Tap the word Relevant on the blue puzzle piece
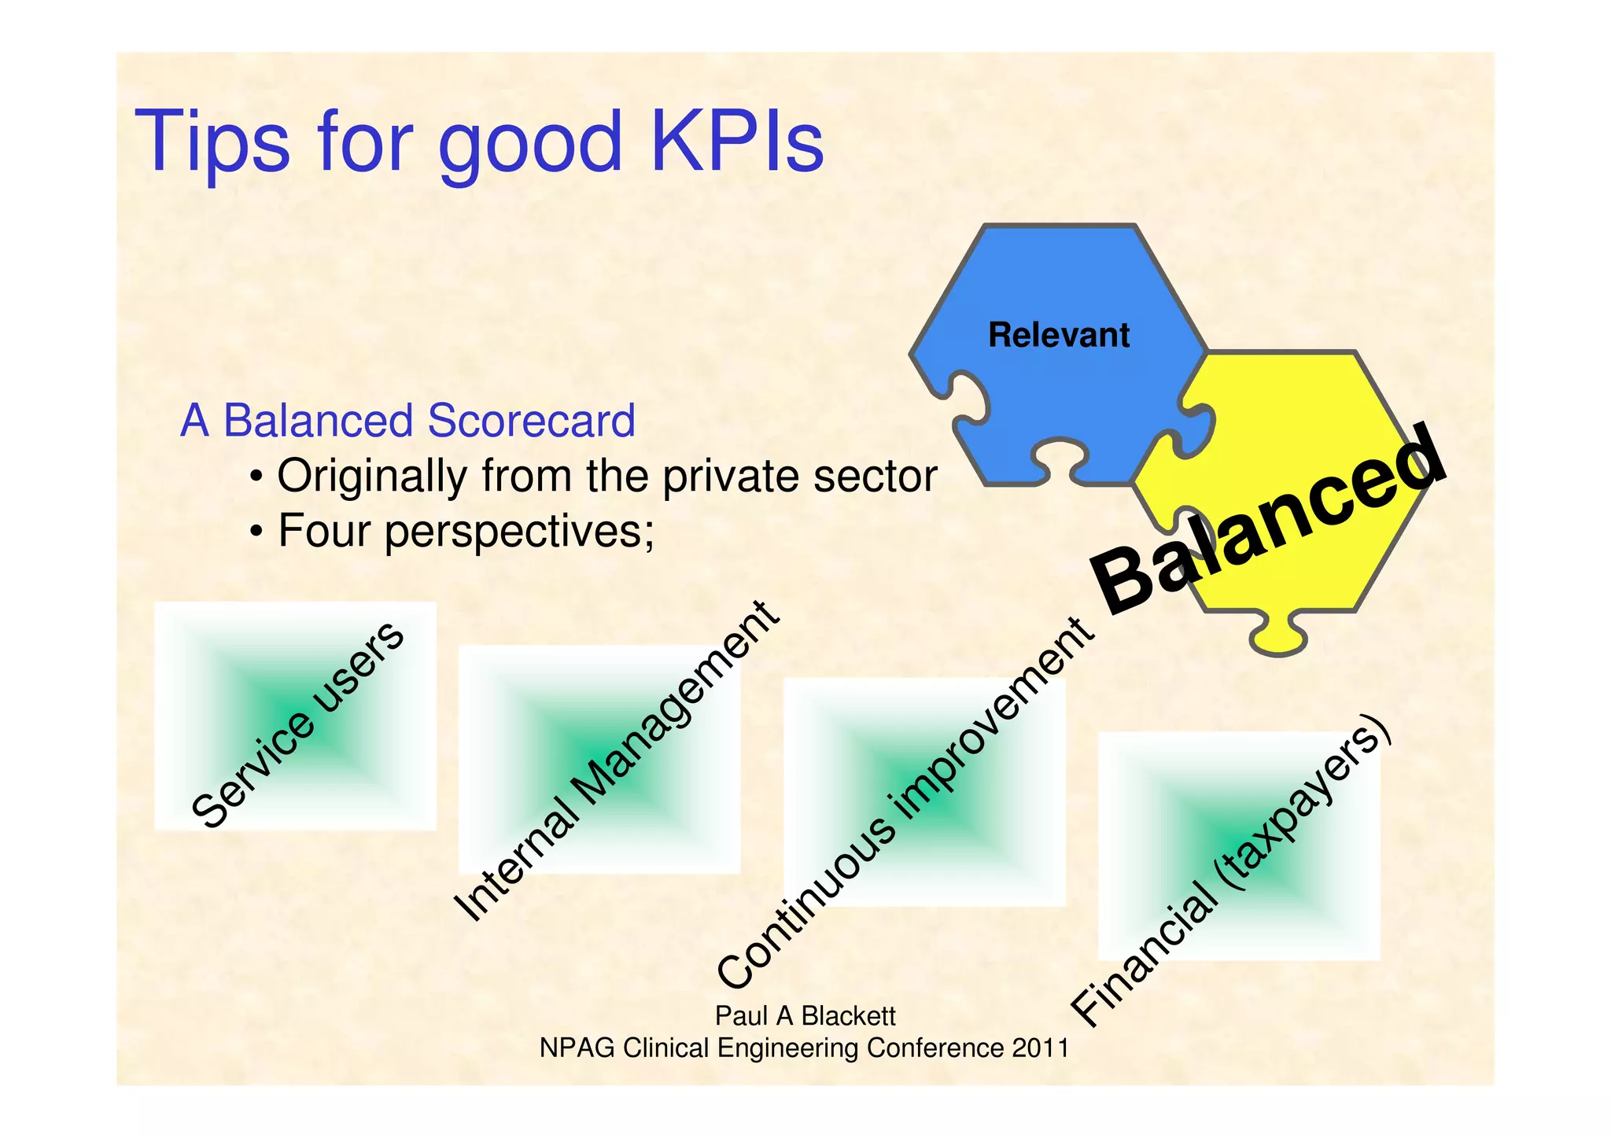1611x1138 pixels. point(1058,336)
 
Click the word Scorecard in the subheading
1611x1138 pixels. point(531,422)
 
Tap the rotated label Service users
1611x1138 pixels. point(298,724)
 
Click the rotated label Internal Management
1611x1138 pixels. point(617,761)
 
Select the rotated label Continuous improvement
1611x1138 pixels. point(905,803)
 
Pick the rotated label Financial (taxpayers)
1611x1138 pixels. point(1232,871)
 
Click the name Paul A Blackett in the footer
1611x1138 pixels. point(805,1016)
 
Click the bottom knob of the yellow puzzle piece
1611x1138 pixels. point(1278,637)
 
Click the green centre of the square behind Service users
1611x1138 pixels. point(295,716)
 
